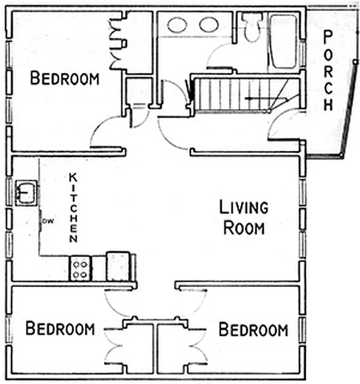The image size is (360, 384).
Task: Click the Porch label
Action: (328, 70)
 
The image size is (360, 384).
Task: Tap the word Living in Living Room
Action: (243, 208)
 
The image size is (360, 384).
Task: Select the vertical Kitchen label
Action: (73, 207)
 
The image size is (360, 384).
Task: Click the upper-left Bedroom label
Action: (65, 78)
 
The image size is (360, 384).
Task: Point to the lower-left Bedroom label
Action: (60, 329)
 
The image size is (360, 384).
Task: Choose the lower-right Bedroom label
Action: (253, 330)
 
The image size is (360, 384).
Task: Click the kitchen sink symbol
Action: (26, 192)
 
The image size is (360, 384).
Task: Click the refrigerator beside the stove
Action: (118, 266)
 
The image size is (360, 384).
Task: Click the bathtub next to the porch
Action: (283, 42)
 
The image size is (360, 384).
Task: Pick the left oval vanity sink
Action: (178, 25)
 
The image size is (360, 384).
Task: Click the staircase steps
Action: (230, 94)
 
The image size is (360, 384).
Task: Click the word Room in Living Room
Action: (244, 228)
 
